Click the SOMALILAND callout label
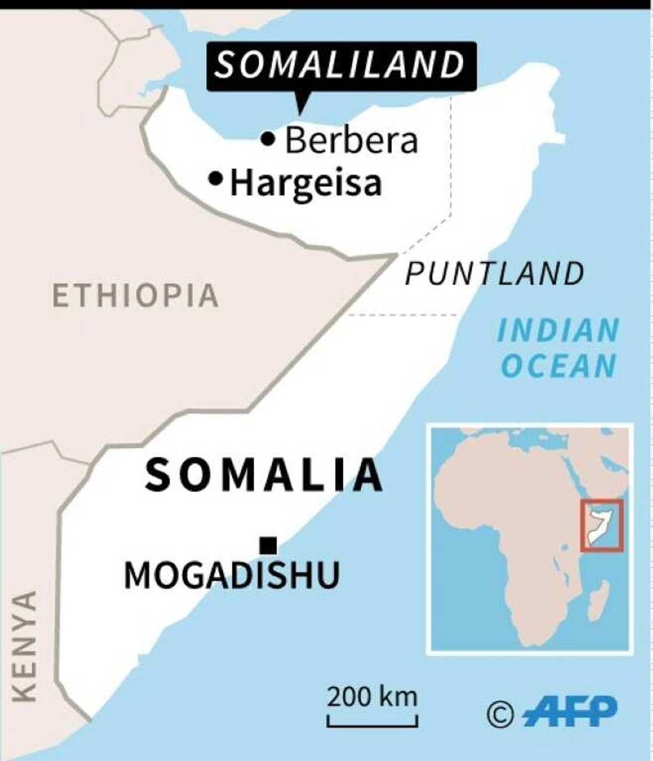(x=341, y=65)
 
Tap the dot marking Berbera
(x=268, y=139)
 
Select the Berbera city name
(x=352, y=141)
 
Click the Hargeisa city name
(x=306, y=183)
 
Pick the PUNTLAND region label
(x=494, y=273)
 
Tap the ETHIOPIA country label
(x=135, y=296)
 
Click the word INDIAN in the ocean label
(x=557, y=331)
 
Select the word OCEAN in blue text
(x=559, y=367)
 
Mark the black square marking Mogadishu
(x=268, y=545)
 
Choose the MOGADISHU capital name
(x=231, y=576)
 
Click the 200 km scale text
(x=372, y=697)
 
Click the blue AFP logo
(x=570, y=711)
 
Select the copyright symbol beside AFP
(x=500, y=714)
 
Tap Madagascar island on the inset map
(x=598, y=601)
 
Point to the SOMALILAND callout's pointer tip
(x=300, y=113)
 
